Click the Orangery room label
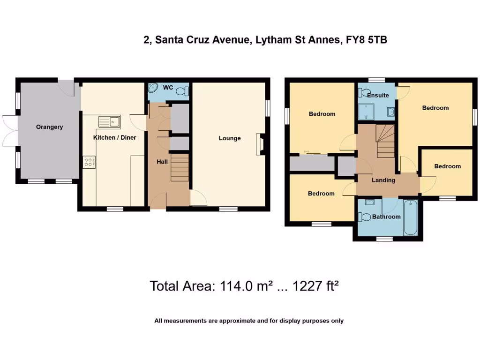[x=49, y=127]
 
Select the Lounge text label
[x=230, y=138]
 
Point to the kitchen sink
[x=109, y=122]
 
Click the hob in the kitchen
[x=89, y=162]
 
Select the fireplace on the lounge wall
[x=259, y=144]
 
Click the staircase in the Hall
[x=180, y=169]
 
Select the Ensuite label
[x=378, y=95]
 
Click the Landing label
[x=383, y=180]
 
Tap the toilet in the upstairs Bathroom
[x=363, y=217]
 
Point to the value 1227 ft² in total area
[x=315, y=285]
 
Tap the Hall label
[x=162, y=162]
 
